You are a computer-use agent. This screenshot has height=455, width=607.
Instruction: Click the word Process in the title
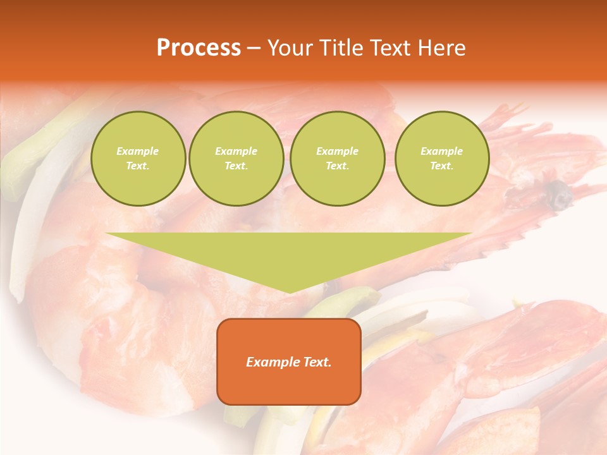pyautogui.click(x=199, y=48)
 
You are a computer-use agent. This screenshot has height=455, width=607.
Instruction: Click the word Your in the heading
pyautogui.click(x=291, y=48)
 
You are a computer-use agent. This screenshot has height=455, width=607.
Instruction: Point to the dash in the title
pyautogui.click(x=254, y=49)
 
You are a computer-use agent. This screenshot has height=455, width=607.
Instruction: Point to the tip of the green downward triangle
pyautogui.click(x=289, y=291)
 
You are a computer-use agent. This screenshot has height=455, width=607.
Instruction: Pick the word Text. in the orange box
pyautogui.click(x=316, y=362)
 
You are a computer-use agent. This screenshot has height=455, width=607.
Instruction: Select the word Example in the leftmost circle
pyautogui.click(x=138, y=151)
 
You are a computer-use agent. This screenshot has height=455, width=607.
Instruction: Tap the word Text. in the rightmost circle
pyautogui.click(x=442, y=166)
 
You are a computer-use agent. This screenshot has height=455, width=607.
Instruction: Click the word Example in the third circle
pyautogui.click(x=337, y=151)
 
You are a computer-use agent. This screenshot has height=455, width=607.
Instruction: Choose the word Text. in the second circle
pyautogui.click(x=236, y=166)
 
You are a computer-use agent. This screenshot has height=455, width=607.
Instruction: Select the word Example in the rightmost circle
pyautogui.click(x=442, y=151)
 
